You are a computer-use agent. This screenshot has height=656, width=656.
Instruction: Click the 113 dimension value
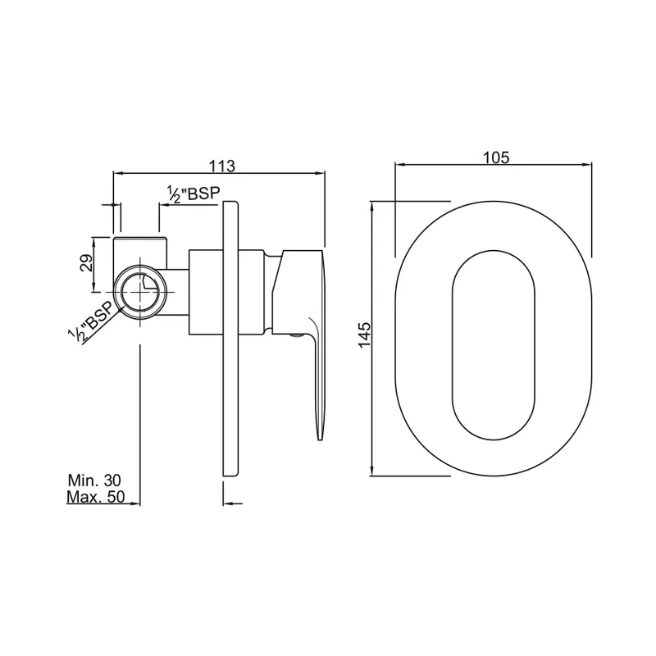pos(222,166)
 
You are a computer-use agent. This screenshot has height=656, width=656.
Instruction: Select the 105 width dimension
pos(496,157)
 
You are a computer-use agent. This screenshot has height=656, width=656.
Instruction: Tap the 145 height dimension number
pos(364,335)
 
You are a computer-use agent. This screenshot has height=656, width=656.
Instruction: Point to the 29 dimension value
pos(87,263)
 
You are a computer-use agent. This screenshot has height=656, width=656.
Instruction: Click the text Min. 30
pos(94,480)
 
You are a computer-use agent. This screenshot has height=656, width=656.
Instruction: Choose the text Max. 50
pos(96,497)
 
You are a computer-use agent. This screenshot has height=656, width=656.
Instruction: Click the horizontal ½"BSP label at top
pos(194,194)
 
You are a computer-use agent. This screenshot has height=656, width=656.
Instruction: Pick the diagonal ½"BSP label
pos(91,321)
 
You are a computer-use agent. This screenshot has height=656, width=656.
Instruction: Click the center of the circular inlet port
pos(140,292)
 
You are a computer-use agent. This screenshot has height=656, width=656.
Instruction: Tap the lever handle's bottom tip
pos(319,439)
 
